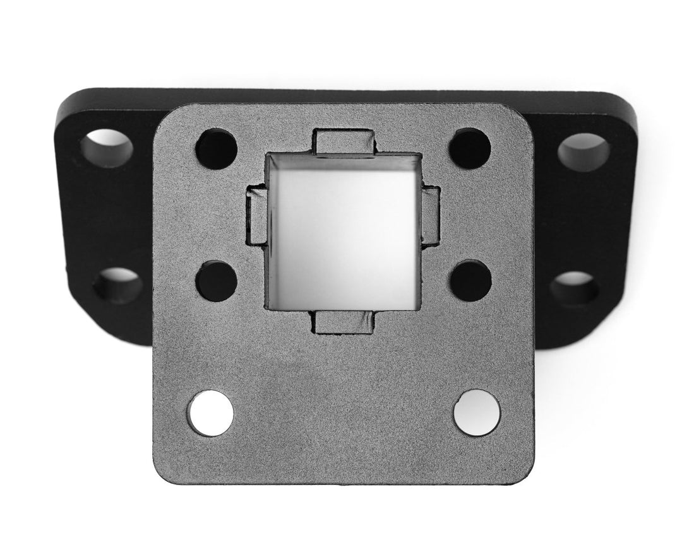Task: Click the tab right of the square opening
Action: tap(431, 215)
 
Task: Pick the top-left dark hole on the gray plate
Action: tap(216, 149)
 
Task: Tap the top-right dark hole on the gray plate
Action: tap(470, 149)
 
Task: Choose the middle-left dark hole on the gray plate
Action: tap(216, 281)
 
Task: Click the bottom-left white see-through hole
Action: tap(211, 413)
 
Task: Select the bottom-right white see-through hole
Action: tap(477, 413)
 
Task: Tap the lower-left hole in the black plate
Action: tap(117, 285)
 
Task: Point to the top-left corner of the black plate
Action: tap(66, 101)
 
